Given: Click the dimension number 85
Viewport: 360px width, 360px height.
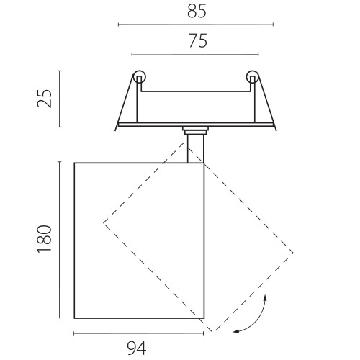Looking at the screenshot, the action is (197, 12).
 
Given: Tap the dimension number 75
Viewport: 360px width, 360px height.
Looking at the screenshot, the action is (198, 41).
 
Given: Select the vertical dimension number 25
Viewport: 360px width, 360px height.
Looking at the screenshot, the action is (45, 99).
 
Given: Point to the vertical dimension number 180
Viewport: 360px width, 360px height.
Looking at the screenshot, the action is (45, 238).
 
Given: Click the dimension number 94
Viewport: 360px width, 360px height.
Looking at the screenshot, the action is (136, 348).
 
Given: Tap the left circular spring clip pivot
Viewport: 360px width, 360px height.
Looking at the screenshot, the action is (140, 76).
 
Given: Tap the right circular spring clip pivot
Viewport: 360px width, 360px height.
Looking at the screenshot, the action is (253, 76).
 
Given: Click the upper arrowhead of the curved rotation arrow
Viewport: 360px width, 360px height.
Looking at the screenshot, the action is (265, 298).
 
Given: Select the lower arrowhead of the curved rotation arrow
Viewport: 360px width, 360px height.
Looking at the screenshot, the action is (236, 331).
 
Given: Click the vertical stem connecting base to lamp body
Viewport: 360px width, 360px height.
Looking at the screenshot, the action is (196, 149).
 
